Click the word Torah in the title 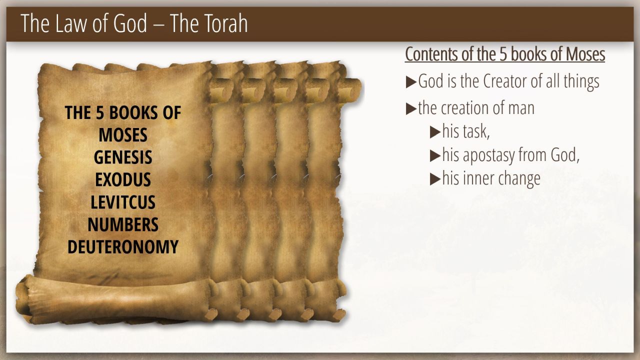click(225, 23)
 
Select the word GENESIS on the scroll click(123, 157)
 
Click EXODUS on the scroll click(123, 179)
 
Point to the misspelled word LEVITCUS click(123, 202)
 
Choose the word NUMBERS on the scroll click(123, 224)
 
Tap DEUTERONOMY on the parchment click(123, 247)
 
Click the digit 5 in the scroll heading click(99, 113)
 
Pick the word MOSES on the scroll click(123, 135)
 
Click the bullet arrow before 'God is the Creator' click(411, 82)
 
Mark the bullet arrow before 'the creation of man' click(411, 109)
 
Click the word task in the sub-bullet click(476, 131)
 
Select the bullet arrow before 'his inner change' click(435, 179)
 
